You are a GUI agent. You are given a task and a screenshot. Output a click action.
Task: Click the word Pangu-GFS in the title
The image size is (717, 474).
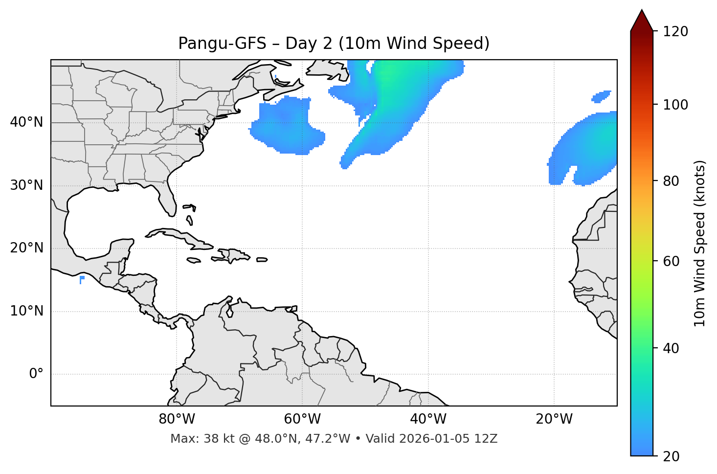click(222, 44)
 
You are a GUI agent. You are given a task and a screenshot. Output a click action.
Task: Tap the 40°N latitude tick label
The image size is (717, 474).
click(26, 122)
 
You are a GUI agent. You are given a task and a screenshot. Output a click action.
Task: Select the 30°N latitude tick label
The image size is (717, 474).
click(26, 185)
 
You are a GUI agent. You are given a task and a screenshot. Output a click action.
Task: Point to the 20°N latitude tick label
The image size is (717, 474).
click(26, 248)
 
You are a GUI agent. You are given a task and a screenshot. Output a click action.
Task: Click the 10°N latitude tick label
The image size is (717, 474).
click(26, 311)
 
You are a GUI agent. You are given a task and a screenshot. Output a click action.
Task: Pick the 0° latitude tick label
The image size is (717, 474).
click(36, 374)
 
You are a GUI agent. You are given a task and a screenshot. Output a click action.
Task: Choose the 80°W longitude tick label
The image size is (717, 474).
click(177, 419)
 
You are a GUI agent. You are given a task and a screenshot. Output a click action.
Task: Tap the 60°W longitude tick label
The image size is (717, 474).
click(302, 419)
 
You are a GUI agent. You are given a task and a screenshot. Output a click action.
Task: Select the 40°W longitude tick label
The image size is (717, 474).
click(428, 419)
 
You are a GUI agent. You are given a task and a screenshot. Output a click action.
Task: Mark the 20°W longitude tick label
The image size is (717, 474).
click(554, 419)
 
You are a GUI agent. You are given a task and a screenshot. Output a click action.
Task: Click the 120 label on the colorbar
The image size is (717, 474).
click(675, 31)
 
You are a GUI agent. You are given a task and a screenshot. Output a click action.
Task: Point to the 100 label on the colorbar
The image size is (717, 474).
click(675, 105)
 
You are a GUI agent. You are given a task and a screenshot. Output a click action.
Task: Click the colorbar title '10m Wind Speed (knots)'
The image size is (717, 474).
click(700, 244)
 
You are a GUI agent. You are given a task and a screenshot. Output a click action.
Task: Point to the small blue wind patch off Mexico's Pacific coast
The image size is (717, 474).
click(82, 279)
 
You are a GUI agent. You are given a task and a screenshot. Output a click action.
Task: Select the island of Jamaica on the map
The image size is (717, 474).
click(194, 260)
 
